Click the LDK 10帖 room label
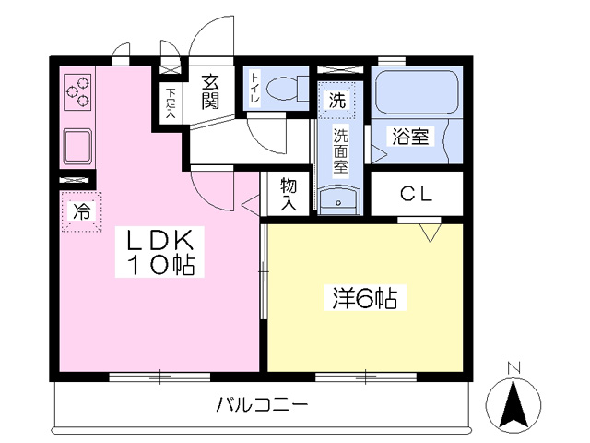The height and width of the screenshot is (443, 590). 159,252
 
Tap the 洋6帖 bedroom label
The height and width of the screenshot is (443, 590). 365,298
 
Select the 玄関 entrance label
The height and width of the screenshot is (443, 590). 210,91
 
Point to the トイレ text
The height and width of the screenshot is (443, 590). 255,89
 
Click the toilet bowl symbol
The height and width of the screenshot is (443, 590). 287,89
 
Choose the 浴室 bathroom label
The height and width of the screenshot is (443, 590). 410,137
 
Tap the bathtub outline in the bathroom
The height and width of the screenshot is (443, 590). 417,92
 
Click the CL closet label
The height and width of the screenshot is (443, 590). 416,194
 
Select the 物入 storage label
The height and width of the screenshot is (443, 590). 289,194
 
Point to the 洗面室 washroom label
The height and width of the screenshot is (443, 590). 340,151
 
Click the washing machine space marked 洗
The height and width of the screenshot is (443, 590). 336,100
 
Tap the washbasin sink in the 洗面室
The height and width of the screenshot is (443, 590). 338,201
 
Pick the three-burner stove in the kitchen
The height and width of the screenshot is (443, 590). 77,92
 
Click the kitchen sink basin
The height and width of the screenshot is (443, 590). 77,146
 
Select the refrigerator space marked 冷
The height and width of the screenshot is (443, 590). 81,211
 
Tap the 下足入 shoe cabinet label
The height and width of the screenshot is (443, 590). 171,103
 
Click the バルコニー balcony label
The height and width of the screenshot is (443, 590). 262,405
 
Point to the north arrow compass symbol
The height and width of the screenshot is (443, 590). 513,403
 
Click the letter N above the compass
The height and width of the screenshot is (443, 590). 513,367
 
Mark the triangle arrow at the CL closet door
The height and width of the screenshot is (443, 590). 431,233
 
